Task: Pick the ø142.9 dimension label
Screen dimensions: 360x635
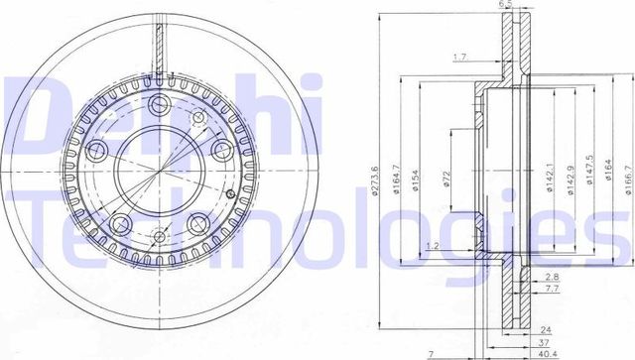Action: [571, 178]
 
